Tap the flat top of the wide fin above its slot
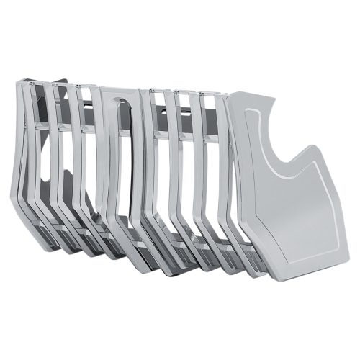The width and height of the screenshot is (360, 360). [119, 91]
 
